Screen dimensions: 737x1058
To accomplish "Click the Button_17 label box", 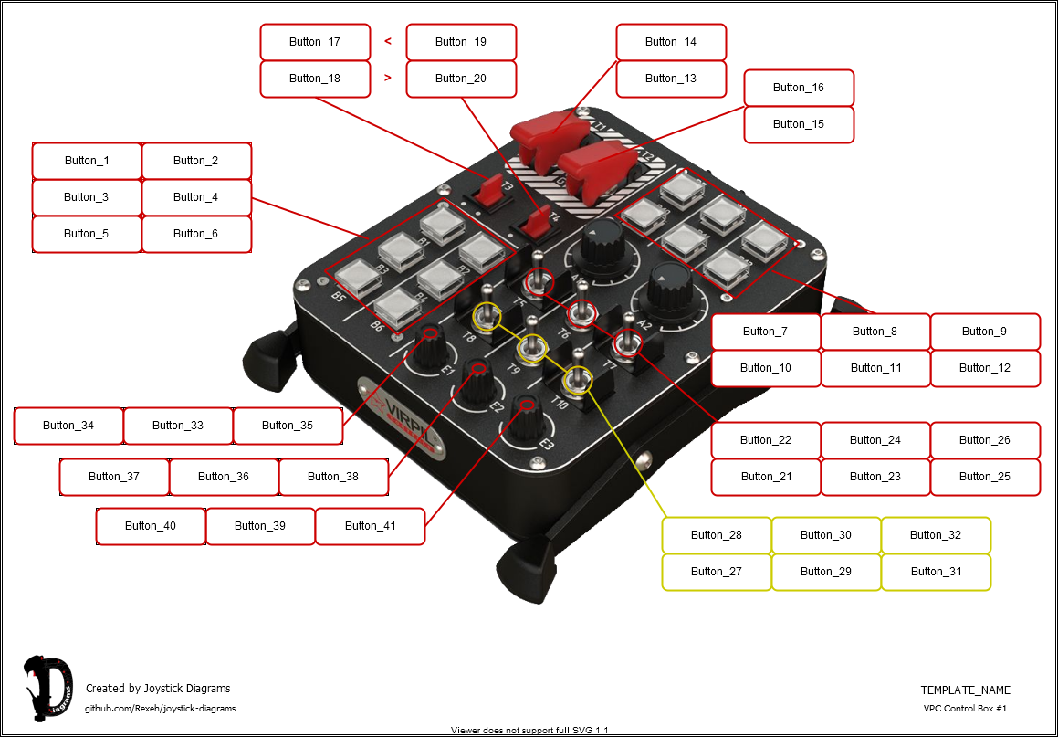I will tap(315, 42).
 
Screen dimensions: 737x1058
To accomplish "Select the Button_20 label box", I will tap(461, 79).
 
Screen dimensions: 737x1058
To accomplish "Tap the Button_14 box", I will tap(671, 42).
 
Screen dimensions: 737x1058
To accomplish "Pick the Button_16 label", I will tap(799, 88).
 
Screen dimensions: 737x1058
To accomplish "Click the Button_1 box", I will tap(87, 161).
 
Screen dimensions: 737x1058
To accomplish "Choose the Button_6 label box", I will tap(196, 234).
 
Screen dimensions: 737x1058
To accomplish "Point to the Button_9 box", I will tap(985, 332).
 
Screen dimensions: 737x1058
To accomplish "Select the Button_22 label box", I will tap(766, 440).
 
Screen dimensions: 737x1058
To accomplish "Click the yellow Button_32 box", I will tap(936, 535).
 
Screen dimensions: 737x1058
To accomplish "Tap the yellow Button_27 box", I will tap(717, 572).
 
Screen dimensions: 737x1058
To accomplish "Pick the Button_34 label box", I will tap(68, 426).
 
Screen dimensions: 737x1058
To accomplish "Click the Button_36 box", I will tap(224, 477).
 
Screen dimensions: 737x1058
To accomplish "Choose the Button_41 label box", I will tap(370, 526).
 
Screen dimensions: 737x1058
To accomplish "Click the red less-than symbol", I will tap(388, 41).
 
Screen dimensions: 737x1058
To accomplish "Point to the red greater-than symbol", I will tap(388, 79).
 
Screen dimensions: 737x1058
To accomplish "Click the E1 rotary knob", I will tap(429, 348).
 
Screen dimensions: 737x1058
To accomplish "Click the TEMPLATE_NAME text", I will tap(965, 690).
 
